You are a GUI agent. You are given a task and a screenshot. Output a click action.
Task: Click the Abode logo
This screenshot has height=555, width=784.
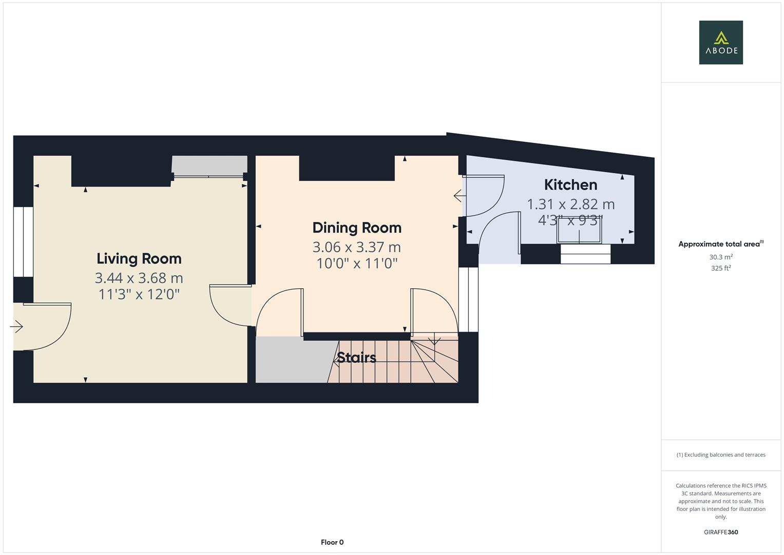[x=720, y=43]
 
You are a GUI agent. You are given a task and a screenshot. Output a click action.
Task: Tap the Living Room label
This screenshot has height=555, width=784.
[x=139, y=258]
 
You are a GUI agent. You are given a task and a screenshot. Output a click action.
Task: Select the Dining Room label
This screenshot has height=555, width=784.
[x=357, y=228]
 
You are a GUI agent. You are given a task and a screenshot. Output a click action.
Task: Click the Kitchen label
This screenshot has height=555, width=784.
[x=570, y=184]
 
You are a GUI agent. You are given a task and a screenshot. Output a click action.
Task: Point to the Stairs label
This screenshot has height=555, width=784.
[x=357, y=357]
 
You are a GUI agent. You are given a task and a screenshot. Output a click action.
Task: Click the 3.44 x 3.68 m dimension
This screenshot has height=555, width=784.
[x=139, y=278]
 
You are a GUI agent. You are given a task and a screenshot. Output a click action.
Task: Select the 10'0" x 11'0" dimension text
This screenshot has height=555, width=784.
[x=357, y=264]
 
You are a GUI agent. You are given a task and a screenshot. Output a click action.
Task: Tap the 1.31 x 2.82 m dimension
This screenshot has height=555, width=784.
[x=570, y=204]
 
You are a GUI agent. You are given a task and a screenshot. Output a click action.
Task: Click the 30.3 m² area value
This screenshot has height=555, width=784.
[x=721, y=257]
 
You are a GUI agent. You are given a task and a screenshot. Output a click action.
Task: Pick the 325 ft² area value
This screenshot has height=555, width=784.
[x=721, y=268]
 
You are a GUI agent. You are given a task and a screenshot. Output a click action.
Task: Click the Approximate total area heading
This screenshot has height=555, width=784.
[x=720, y=244]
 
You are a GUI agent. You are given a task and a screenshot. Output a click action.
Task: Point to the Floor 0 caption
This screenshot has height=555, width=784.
[x=332, y=542]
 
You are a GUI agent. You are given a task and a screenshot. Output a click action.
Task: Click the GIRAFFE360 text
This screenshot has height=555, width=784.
[x=721, y=532]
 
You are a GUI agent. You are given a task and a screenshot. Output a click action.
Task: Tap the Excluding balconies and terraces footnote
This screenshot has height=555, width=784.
[x=721, y=455]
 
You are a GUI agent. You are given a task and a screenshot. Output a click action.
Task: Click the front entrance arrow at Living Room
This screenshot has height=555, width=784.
[x=16, y=326]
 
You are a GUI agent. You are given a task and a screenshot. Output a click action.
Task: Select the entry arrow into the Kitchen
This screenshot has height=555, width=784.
[x=458, y=196]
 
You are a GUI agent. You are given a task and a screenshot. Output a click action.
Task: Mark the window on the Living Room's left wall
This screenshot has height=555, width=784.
[x=23, y=242]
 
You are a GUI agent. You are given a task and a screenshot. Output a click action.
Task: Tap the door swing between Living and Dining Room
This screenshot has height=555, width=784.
[x=230, y=306]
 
